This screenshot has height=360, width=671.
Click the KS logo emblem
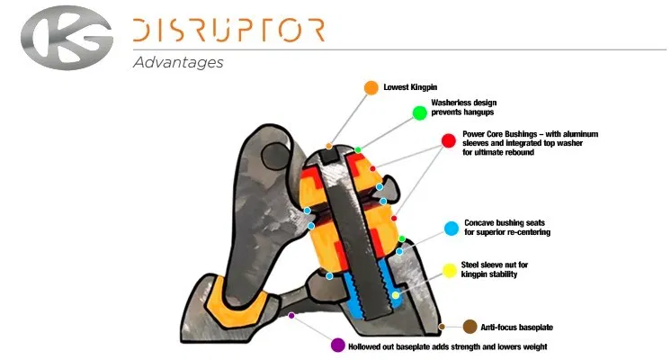point(65,37)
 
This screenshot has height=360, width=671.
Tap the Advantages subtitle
point(177,63)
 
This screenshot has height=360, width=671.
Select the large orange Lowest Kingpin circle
point(371,87)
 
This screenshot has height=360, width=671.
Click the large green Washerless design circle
point(419,112)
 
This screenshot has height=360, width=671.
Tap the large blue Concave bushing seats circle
point(451,227)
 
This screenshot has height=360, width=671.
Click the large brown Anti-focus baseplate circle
point(469,326)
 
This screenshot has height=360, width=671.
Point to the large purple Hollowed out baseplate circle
point(337,346)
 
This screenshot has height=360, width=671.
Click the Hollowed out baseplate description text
point(447,346)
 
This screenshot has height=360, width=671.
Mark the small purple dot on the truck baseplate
point(291,315)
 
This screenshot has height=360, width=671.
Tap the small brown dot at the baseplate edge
point(442,325)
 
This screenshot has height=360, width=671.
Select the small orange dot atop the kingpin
point(329,146)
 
